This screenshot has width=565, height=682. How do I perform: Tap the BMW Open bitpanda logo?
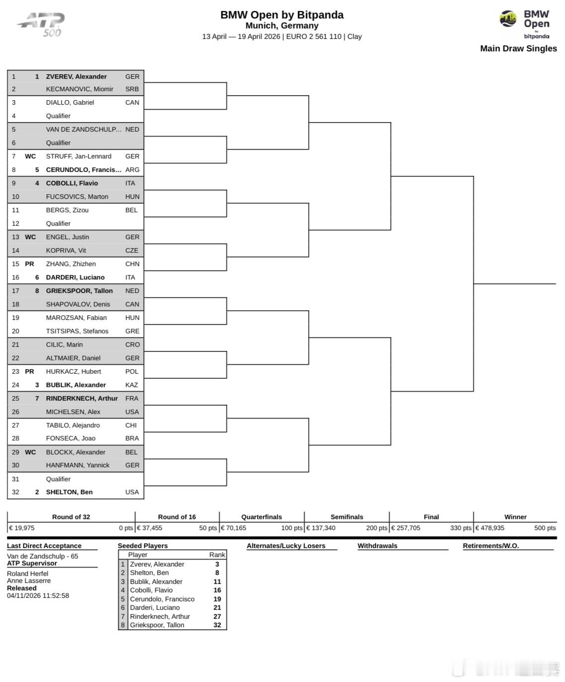(x=525, y=24)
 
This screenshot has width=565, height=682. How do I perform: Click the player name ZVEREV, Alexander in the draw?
(x=76, y=77)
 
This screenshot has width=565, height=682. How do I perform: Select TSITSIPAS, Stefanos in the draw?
(x=77, y=331)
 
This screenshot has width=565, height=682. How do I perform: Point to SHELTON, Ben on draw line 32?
(x=69, y=492)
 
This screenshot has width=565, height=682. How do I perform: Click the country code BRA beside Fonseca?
(x=132, y=438)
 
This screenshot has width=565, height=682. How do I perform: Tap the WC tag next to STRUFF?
(x=30, y=156)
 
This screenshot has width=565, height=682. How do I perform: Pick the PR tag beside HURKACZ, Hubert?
(x=30, y=372)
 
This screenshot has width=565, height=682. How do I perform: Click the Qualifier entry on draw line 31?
(x=58, y=479)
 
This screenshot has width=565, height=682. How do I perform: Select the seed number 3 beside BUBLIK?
(x=37, y=385)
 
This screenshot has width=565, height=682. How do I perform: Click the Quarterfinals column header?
(x=261, y=517)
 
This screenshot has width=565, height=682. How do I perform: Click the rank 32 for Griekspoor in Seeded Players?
(x=217, y=625)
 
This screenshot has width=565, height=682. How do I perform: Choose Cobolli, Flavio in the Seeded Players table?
(x=151, y=590)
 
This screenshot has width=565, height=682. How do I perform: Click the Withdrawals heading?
(x=377, y=546)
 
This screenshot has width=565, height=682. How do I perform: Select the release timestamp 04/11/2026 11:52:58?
(x=38, y=596)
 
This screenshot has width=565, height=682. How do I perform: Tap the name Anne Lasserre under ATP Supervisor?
(x=29, y=581)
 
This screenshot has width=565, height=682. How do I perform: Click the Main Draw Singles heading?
(x=518, y=49)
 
